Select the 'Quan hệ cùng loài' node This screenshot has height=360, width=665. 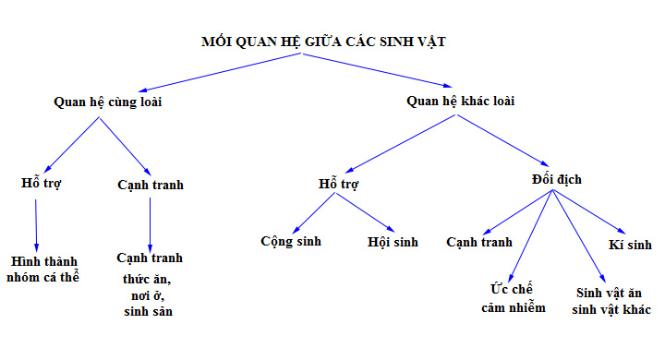click(x=108, y=102)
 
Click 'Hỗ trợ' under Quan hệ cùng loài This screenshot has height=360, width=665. click(x=42, y=184)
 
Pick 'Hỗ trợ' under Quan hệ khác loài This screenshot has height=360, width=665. click(x=338, y=184)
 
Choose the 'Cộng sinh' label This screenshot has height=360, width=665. click(x=289, y=242)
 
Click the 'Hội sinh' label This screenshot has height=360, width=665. click(x=393, y=242)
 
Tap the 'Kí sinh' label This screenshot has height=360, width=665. click(x=631, y=245)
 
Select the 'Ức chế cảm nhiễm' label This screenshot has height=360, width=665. click(x=514, y=298)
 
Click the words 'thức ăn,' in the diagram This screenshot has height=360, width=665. click(x=149, y=278)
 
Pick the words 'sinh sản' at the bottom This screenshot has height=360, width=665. click(x=149, y=312)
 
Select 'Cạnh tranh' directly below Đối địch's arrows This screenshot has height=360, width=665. click(x=479, y=242)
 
